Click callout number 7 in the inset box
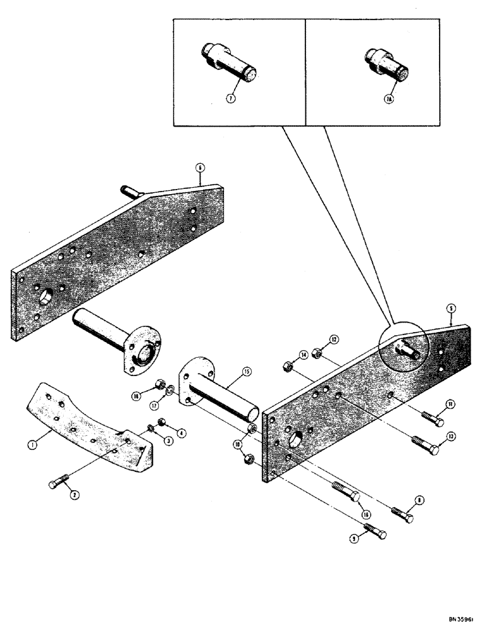pos(231,100)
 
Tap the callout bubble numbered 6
pos(200,168)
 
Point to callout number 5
pos(451,309)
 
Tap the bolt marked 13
pos(425,442)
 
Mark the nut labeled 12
pos(319,355)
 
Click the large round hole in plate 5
pos(295,438)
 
